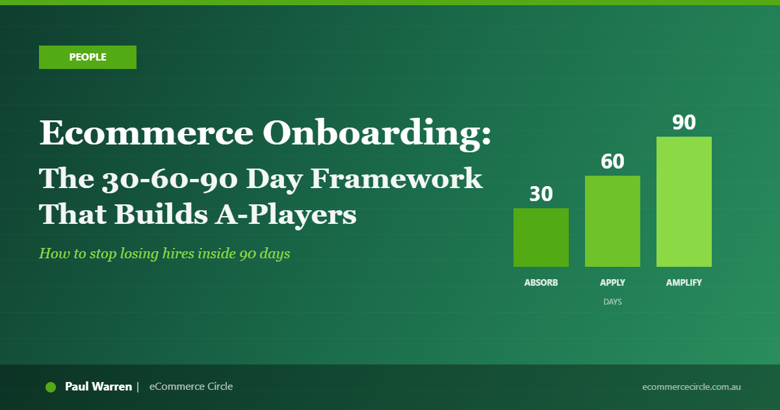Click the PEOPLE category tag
(88, 57)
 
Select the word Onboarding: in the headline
(377, 133)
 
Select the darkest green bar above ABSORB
(541, 238)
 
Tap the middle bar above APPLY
(612, 221)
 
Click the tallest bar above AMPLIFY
(684, 202)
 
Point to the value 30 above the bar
(541, 195)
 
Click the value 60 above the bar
(612, 162)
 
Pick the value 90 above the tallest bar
(684, 123)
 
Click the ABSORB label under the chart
(541, 283)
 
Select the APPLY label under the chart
(612, 283)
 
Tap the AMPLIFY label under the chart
(684, 283)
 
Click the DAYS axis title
(612, 302)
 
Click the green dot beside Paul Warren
(51, 387)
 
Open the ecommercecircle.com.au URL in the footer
(691, 387)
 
